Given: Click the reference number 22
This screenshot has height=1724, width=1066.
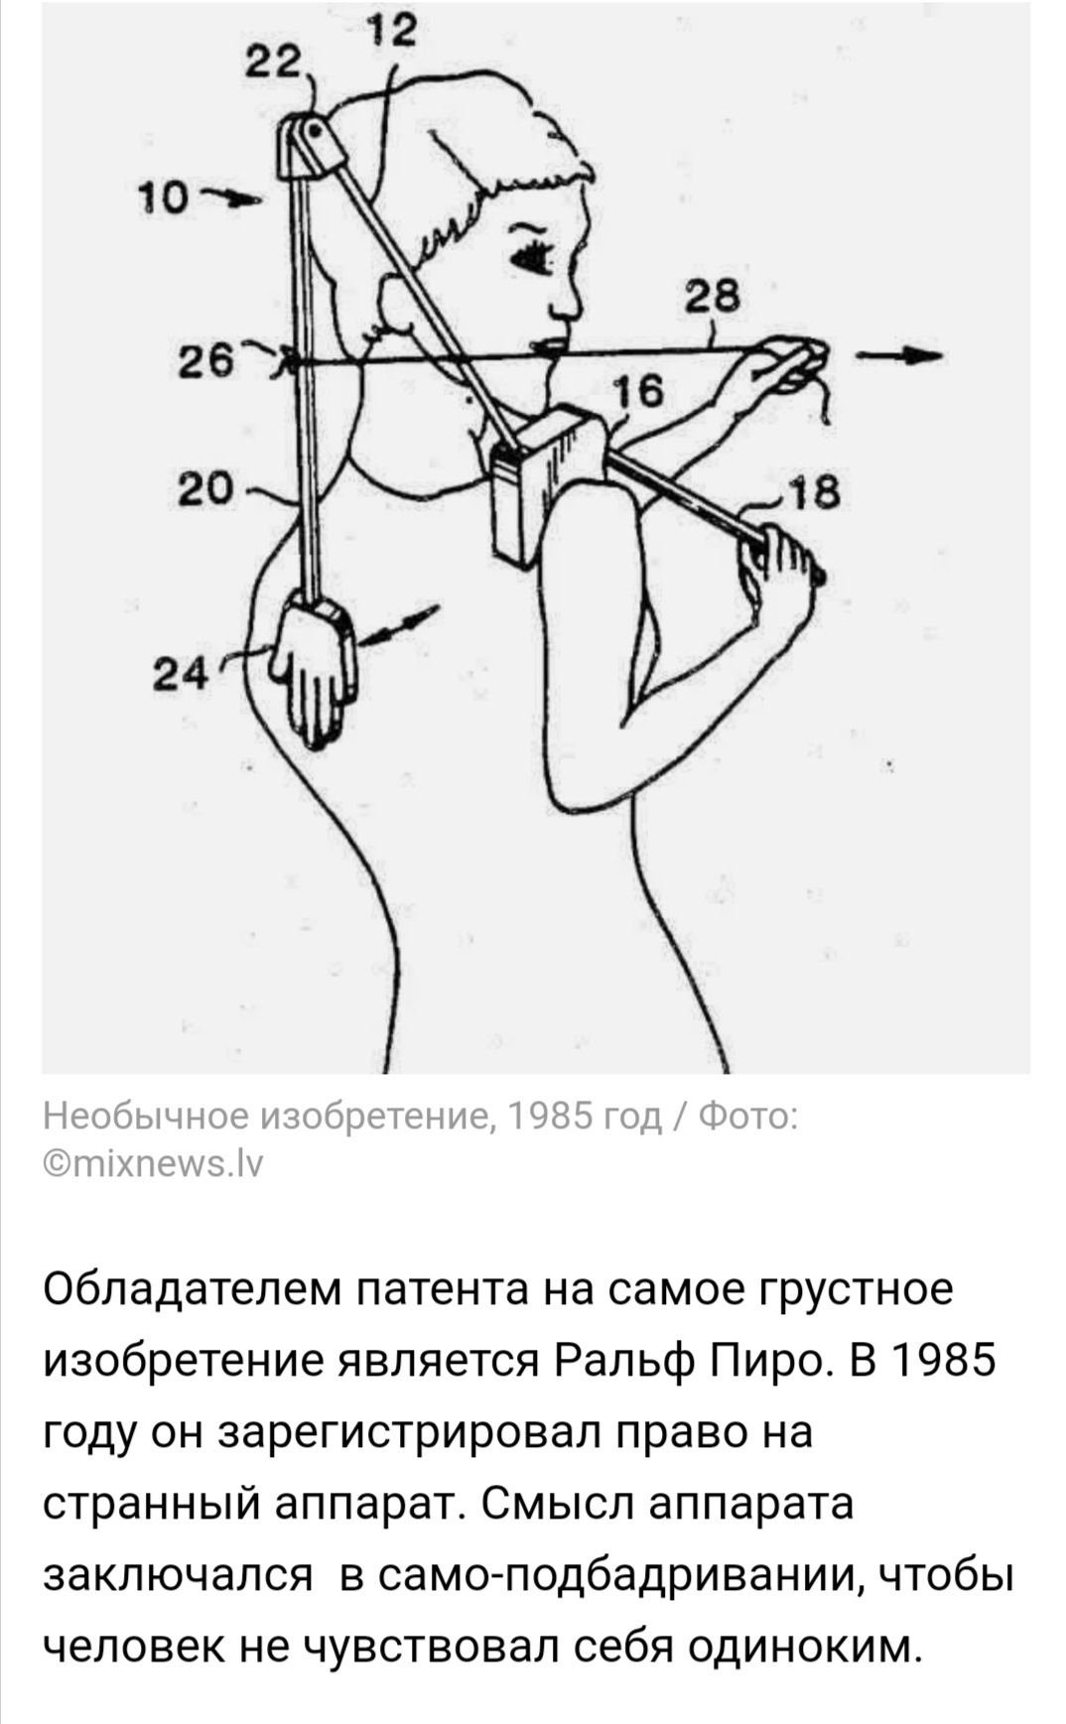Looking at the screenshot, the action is [273, 66].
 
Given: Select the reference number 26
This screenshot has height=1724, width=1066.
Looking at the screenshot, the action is [206, 360].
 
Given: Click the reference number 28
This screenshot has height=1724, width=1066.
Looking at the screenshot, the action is [711, 296].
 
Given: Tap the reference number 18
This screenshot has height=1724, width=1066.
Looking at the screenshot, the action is [814, 490].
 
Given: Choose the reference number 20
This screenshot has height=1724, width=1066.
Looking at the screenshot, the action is [206, 488].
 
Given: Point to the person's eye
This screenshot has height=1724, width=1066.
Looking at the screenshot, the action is [532, 254].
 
